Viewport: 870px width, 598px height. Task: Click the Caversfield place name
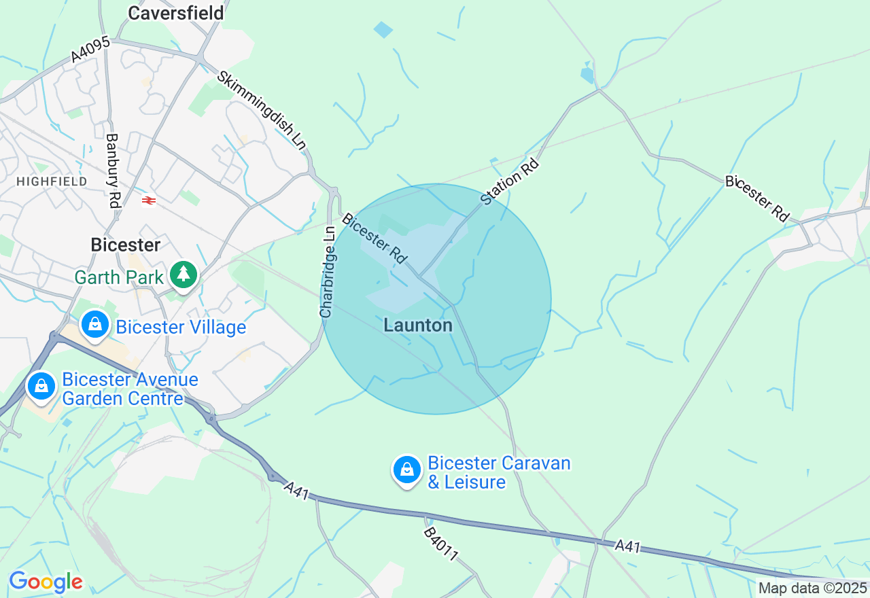coord(176,13)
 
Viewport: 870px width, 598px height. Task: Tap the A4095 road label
coord(91,50)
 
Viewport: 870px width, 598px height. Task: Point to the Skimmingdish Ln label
coord(262,109)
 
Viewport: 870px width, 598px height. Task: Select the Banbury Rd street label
coord(113,170)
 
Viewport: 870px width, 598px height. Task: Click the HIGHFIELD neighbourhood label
coord(52,181)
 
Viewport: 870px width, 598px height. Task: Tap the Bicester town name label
coord(126,245)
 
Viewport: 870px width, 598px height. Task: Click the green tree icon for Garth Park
coord(184,274)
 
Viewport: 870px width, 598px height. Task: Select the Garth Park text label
coord(119,277)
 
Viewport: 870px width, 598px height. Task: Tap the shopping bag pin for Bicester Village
coord(95,324)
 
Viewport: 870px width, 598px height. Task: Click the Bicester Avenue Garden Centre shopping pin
coord(41,386)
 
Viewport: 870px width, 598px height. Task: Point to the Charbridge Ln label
coord(328,272)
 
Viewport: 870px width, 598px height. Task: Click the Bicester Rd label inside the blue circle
coord(375,239)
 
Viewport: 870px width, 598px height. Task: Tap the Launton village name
coord(418,326)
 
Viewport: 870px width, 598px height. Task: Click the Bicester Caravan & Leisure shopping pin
coord(407,469)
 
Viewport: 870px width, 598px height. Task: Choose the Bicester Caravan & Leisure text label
coord(499,473)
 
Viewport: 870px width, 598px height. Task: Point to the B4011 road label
coord(440,544)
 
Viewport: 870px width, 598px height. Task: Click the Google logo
coord(46,582)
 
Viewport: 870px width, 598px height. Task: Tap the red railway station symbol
coord(149,200)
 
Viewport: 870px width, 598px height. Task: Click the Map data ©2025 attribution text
coord(812,588)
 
